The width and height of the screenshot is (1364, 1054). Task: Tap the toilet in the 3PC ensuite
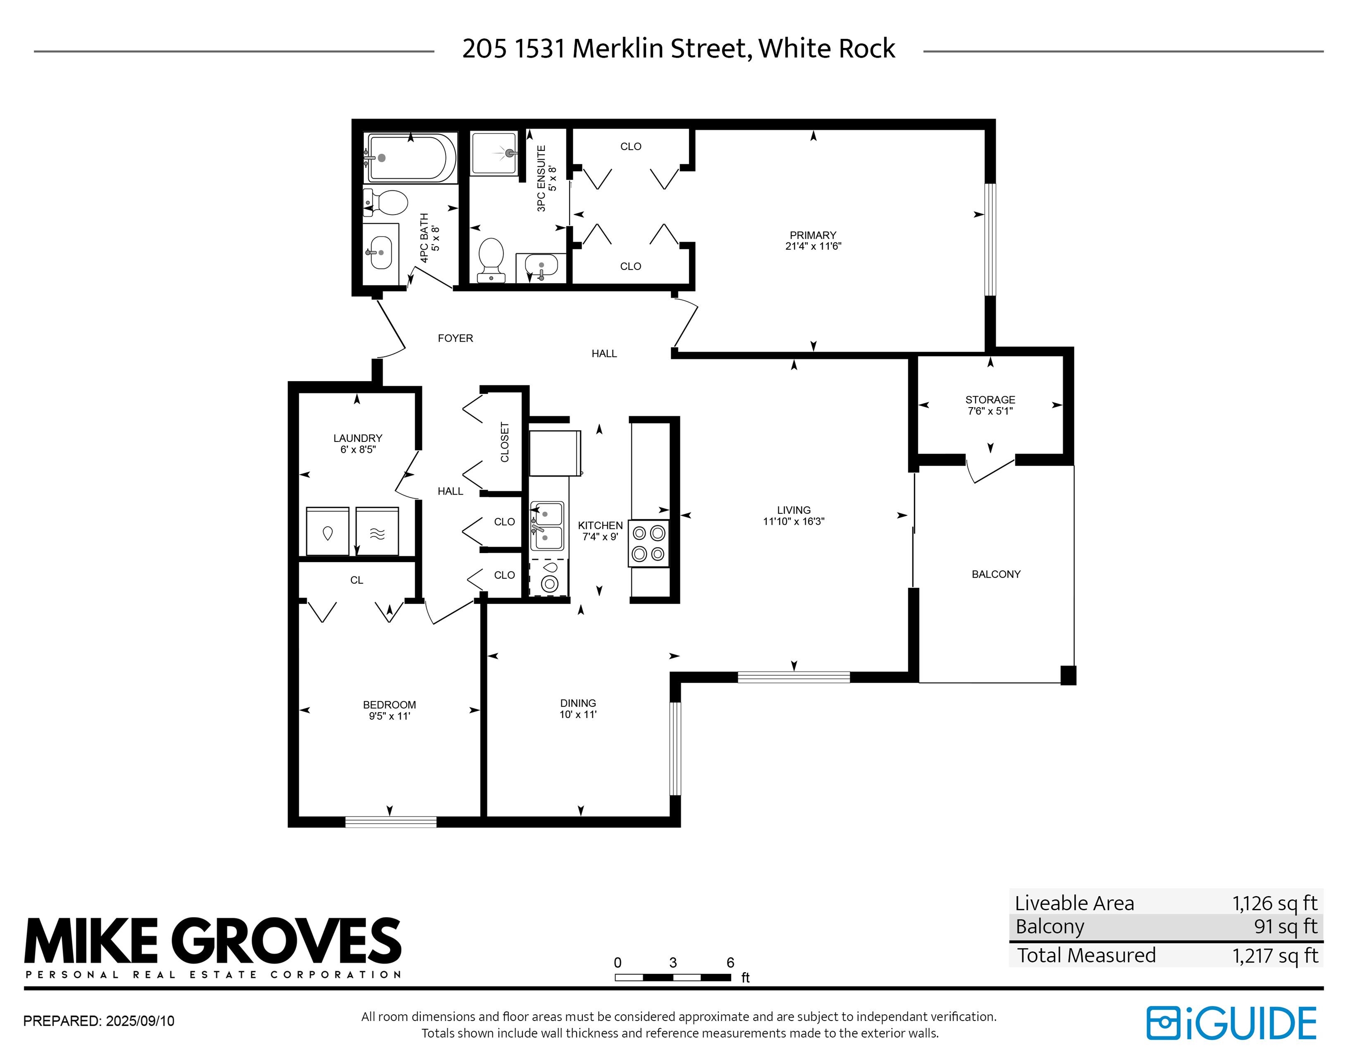[x=491, y=258]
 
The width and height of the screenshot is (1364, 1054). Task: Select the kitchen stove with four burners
[x=648, y=543]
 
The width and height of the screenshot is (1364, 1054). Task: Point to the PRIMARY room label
[x=813, y=236]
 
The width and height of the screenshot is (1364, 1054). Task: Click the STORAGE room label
[x=990, y=400]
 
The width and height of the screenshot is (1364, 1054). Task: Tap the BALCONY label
[x=996, y=574]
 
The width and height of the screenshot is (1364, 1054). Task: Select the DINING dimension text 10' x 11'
[x=578, y=714]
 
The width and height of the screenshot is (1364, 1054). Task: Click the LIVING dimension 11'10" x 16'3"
[x=793, y=522]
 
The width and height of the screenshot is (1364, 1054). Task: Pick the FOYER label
[x=455, y=339]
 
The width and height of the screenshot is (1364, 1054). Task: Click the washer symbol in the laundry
[x=327, y=532]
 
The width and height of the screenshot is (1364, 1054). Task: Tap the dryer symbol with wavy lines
[x=377, y=532]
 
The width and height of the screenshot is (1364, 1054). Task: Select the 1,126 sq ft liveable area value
[x=1274, y=903]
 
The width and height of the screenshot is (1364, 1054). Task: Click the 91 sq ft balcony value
[x=1285, y=927]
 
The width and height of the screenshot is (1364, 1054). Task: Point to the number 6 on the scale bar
[x=730, y=963]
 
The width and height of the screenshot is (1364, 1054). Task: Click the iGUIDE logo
[x=1231, y=1023]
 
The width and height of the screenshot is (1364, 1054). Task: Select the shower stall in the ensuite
[x=493, y=153]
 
